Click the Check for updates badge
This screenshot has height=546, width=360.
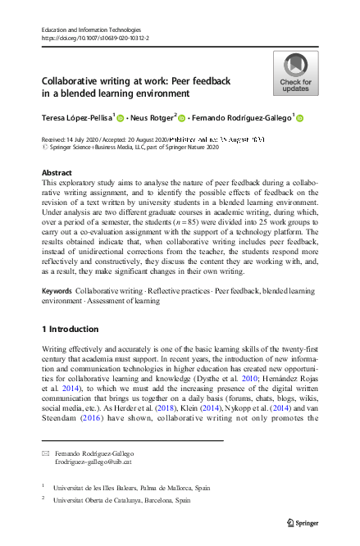[296, 73]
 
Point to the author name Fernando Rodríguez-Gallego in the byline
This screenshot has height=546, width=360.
[242, 119]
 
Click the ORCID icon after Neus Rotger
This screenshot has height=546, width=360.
[182, 119]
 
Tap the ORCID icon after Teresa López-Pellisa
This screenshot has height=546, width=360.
[120, 119]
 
